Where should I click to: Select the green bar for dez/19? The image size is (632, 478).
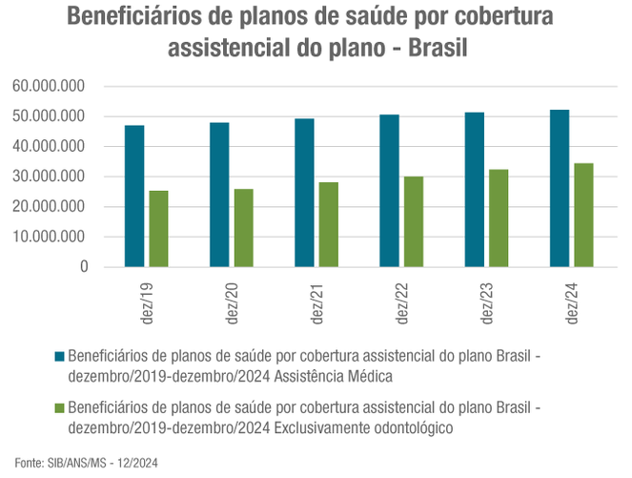158,229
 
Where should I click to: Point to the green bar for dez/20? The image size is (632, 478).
243,228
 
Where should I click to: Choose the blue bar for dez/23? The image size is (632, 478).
475,190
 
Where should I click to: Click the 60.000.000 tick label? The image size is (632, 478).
51,86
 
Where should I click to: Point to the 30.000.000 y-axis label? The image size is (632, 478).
51,177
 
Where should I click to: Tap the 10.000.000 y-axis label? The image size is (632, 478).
51,237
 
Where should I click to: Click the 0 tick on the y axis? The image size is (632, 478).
84,267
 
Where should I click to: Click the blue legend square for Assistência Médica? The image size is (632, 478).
60,356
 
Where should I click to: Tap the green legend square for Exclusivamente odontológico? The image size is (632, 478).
60,408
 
